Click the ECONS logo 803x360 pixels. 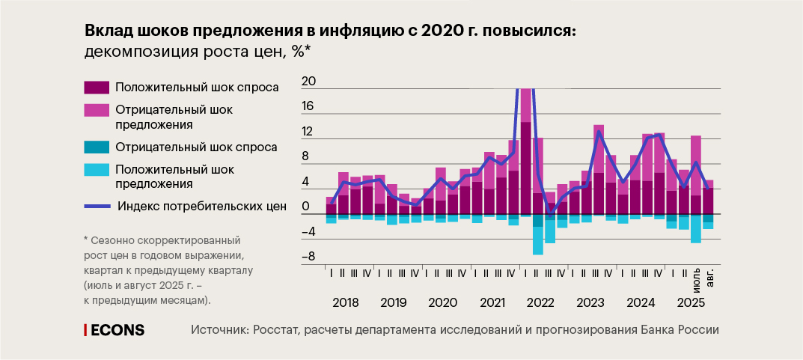[x=115, y=330]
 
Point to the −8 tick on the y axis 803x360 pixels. [x=308, y=257]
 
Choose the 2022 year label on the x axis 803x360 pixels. [x=540, y=303]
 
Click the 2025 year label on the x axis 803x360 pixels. [x=690, y=303]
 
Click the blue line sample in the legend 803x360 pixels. [x=97, y=207]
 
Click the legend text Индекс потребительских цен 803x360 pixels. [x=202, y=207]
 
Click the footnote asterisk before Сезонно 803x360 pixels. [x=86, y=242]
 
